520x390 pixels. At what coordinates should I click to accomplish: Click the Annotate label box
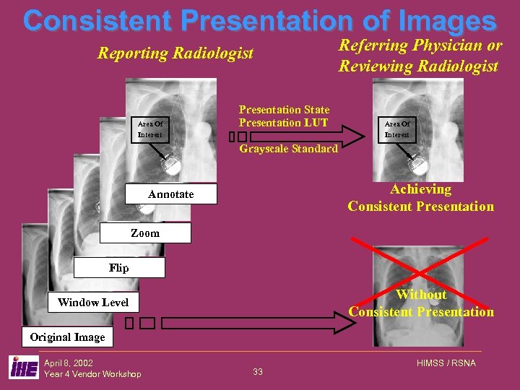170,194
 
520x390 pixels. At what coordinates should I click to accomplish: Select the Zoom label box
144,233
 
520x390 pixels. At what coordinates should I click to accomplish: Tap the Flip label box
118,268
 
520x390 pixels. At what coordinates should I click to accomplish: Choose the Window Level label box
93,302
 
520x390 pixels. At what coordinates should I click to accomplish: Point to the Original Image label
67,337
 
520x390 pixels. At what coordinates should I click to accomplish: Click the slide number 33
258,372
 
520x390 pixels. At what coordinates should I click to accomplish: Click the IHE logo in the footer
24,368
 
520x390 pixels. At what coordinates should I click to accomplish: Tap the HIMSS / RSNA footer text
446,363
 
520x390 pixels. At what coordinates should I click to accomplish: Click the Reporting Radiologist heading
175,53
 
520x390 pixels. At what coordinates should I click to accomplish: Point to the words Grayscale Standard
288,149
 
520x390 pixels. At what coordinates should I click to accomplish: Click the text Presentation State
284,110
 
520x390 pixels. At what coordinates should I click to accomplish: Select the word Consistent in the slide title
98,20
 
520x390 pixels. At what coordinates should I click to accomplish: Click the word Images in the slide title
441,20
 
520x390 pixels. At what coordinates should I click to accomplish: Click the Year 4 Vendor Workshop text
92,373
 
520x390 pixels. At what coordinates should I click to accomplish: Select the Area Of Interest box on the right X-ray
396,129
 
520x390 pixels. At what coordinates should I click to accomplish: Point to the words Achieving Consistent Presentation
420,198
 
